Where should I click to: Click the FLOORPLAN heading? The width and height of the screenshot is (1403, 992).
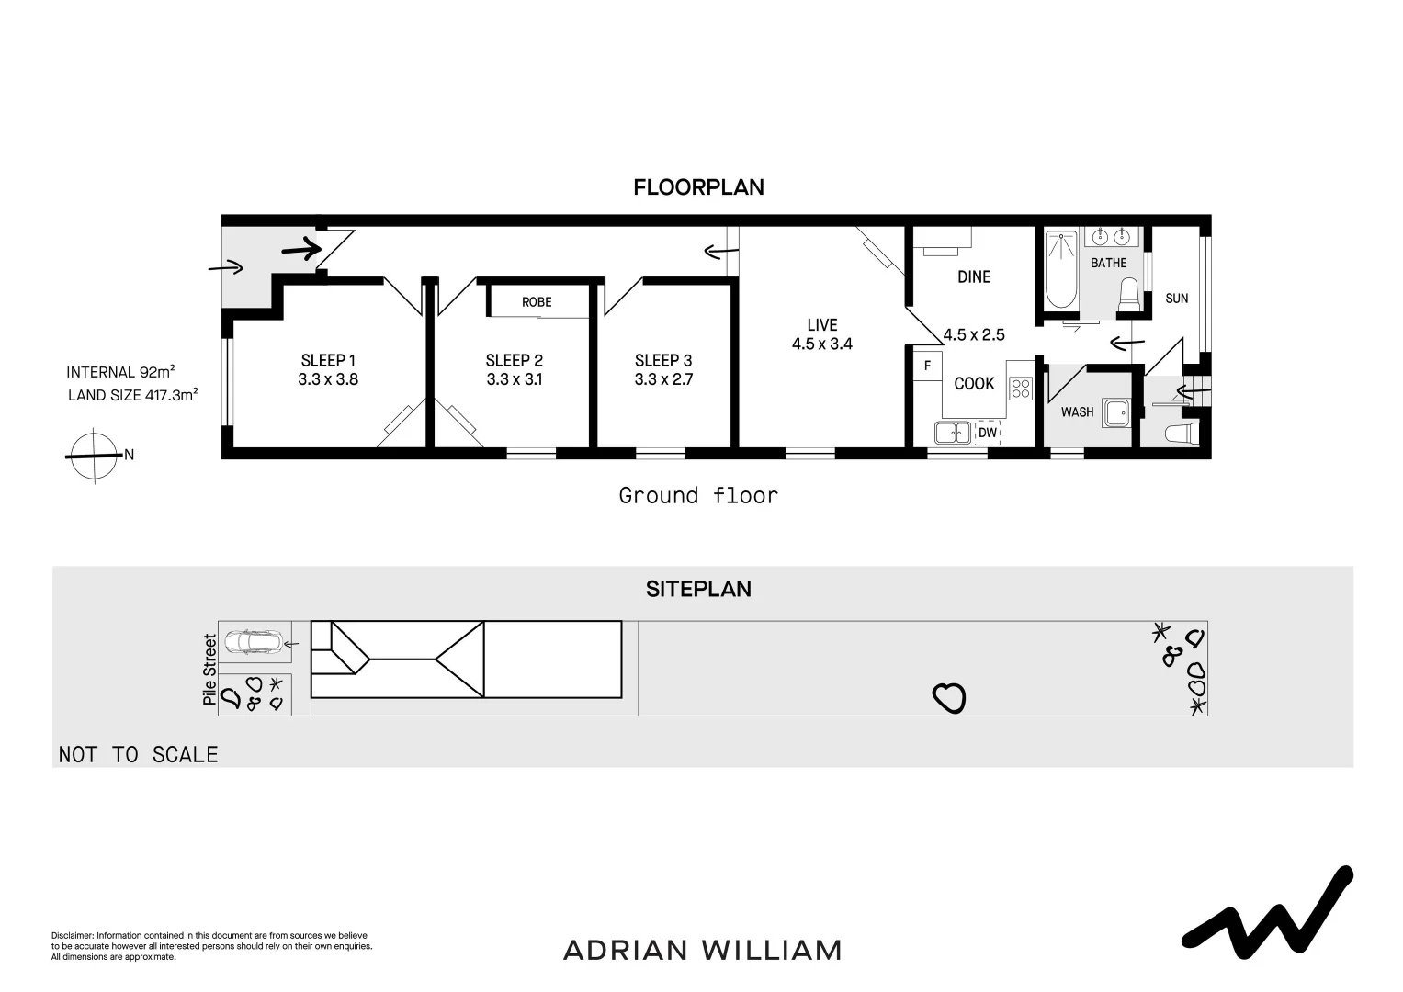pos(698,187)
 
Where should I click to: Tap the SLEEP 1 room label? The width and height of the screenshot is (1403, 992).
pos(328,360)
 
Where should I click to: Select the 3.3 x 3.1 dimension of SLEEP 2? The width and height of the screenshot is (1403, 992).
pos(514,379)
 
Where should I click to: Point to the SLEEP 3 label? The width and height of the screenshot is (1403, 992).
pos(662,360)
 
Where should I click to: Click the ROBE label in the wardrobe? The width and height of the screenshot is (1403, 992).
pos(537,302)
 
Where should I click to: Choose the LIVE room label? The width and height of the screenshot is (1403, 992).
pos(821,324)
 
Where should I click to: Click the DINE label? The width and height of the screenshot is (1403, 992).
pos(974,276)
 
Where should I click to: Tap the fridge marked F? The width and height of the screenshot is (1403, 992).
pos(927,366)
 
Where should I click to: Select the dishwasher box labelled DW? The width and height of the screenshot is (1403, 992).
pos(987,433)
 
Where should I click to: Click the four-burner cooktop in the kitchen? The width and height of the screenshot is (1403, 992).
pos(1021,388)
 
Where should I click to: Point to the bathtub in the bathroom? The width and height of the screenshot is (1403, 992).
pos(1061,269)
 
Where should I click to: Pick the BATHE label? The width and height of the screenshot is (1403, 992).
pos(1108,263)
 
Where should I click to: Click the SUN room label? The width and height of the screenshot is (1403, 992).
pos(1176,298)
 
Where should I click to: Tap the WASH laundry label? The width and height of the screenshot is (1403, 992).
pos(1077,411)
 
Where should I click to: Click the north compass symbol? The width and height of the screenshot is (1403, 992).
pos(95,455)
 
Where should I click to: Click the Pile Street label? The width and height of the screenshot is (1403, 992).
pos(210,670)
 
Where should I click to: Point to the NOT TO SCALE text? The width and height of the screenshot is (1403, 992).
pos(139,754)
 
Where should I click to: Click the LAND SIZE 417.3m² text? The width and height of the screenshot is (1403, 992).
pos(133,395)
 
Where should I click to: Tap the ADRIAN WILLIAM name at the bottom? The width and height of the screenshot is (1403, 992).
pos(702,950)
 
